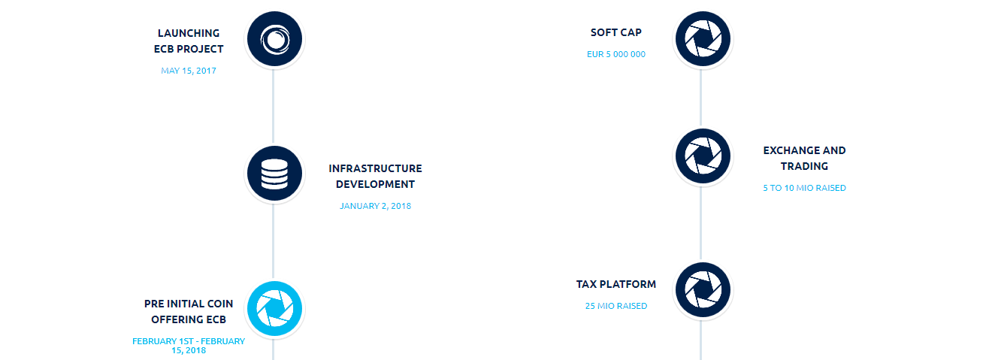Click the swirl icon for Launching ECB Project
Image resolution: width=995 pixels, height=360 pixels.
274,39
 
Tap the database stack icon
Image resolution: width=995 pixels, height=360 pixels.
274,174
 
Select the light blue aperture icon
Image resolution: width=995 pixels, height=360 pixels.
274,308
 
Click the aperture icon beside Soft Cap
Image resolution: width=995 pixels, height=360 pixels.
703,39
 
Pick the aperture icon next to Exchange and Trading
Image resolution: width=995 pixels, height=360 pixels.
703,156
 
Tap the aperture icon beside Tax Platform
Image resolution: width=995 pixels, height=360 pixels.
703,290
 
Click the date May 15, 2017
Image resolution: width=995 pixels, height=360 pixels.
189,71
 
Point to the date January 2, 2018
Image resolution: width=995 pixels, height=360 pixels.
375,206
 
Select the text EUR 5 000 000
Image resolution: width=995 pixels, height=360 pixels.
616,54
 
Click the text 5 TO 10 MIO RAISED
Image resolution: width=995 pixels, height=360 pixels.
804,188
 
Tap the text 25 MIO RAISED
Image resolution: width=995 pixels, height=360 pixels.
616,306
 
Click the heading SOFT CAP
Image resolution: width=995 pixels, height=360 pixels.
616,32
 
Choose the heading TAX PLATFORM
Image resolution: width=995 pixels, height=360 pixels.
616,284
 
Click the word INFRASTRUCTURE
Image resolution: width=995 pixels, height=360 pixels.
375,168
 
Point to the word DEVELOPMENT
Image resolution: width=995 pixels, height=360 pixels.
375,184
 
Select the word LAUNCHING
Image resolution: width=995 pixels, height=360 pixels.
189,33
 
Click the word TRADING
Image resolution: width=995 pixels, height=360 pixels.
804,166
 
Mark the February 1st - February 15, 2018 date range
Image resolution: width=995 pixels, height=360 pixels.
189,346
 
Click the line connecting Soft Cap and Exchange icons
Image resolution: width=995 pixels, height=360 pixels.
701,98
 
